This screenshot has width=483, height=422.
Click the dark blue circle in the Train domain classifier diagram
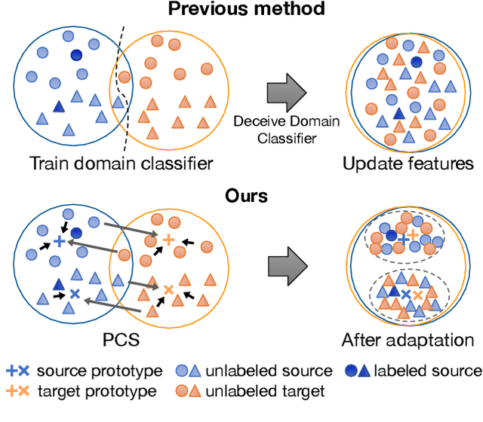click(x=76, y=55)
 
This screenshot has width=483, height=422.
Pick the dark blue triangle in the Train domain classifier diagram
click(x=59, y=108)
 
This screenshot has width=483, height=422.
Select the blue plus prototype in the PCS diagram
click(x=59, y=241)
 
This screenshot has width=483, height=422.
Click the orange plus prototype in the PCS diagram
click(x=168, y=239)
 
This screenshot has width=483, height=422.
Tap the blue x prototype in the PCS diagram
click(x=74, y=292)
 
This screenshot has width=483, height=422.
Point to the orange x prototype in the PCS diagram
click(x=168, y=288)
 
